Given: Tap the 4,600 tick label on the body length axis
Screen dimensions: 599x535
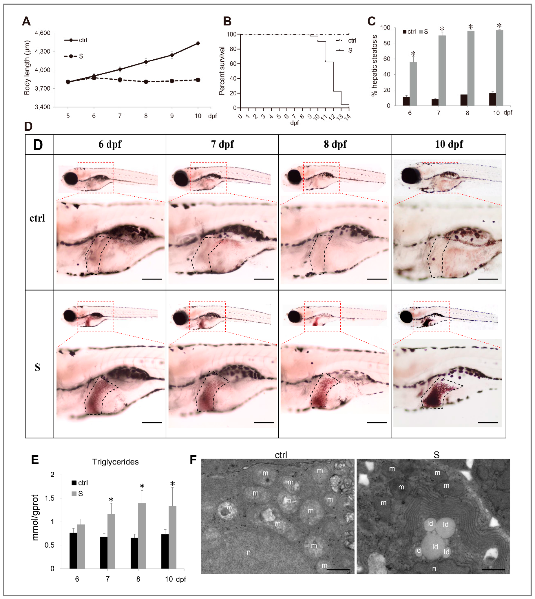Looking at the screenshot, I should (x=43, y=33).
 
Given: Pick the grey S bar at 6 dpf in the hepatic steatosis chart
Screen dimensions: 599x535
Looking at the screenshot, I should (x=413, y=84).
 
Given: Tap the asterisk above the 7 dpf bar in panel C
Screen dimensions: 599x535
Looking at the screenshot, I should (x=442, y=29).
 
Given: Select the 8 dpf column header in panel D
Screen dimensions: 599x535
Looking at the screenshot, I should (x=335, y=144).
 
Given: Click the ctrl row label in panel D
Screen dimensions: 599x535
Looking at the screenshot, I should (x=37, y=218).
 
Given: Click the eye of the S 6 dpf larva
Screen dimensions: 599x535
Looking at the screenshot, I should (x=70, y=316).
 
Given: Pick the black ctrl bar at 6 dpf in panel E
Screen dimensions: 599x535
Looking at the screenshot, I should (x=73, y=550).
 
